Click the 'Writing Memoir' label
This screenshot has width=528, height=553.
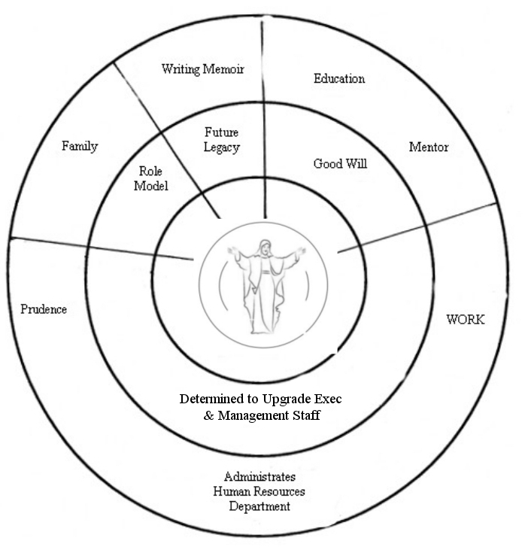[202, 69]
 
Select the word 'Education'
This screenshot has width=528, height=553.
[339, 78]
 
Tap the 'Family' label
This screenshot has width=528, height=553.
[80, 146]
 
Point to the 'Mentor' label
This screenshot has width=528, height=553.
[428, 147]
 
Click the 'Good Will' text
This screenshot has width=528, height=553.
[340, 164]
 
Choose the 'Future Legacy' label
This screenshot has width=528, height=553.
[222, 140]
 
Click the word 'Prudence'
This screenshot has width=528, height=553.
[43, 309]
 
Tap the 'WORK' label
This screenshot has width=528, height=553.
[466, 319]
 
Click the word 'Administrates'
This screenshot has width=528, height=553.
[259, 477]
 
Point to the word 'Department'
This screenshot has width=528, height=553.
[259, 506]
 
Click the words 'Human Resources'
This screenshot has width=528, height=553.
[259, 491]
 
